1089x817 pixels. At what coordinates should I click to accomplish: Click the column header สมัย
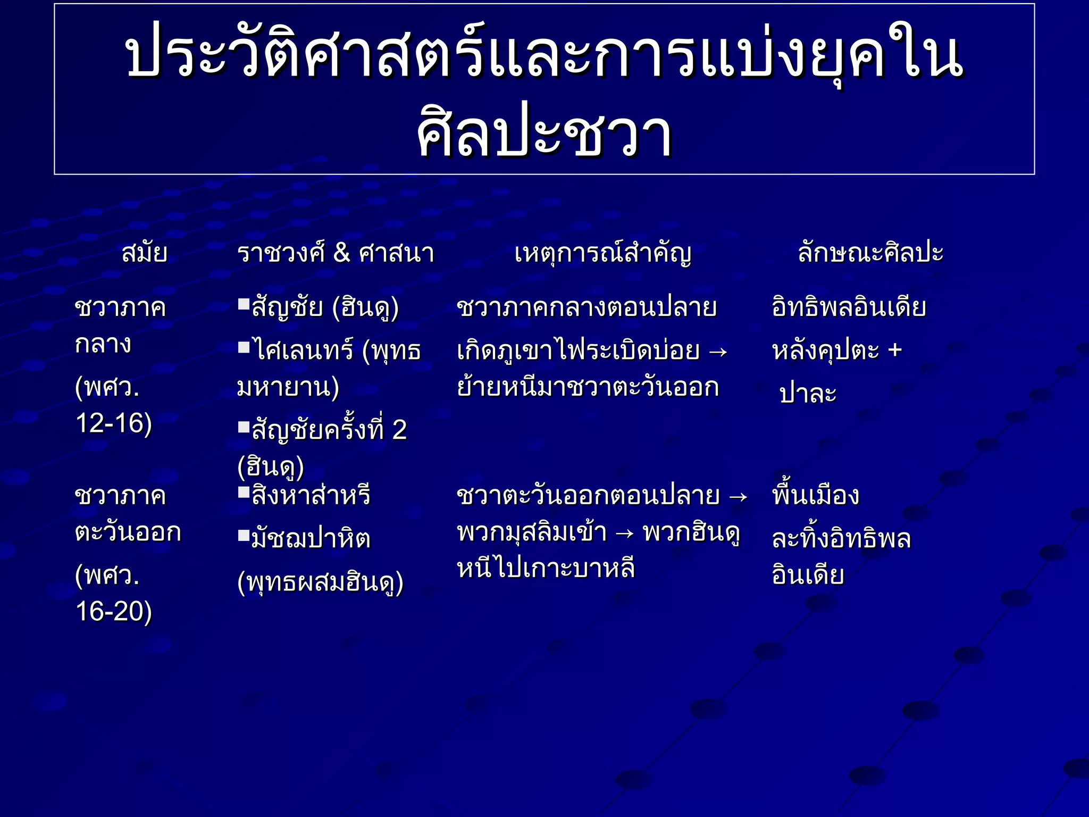click(x=145, y=253)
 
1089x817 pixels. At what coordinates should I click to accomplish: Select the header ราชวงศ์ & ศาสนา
click(x=336, y=253)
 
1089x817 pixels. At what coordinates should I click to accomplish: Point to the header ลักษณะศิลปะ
click(x=870, y=253)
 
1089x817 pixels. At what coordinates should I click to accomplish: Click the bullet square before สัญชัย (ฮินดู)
click(x=244, y=304)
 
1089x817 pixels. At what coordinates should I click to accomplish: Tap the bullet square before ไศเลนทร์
click(x=244, y=348)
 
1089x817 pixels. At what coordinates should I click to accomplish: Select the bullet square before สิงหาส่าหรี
click(x=244, y=492)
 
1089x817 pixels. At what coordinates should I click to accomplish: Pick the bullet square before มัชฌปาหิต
click(x=244, y=535)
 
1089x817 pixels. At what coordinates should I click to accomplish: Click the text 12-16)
click(x=114, y=424)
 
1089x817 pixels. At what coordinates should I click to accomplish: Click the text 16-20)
click(x=114, y=612)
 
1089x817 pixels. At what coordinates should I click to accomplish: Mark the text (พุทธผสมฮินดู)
click(x=321, y=583)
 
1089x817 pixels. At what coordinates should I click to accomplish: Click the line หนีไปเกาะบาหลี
click(x=546, y=569)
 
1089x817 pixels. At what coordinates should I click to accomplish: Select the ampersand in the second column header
click(x=341, y=253)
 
